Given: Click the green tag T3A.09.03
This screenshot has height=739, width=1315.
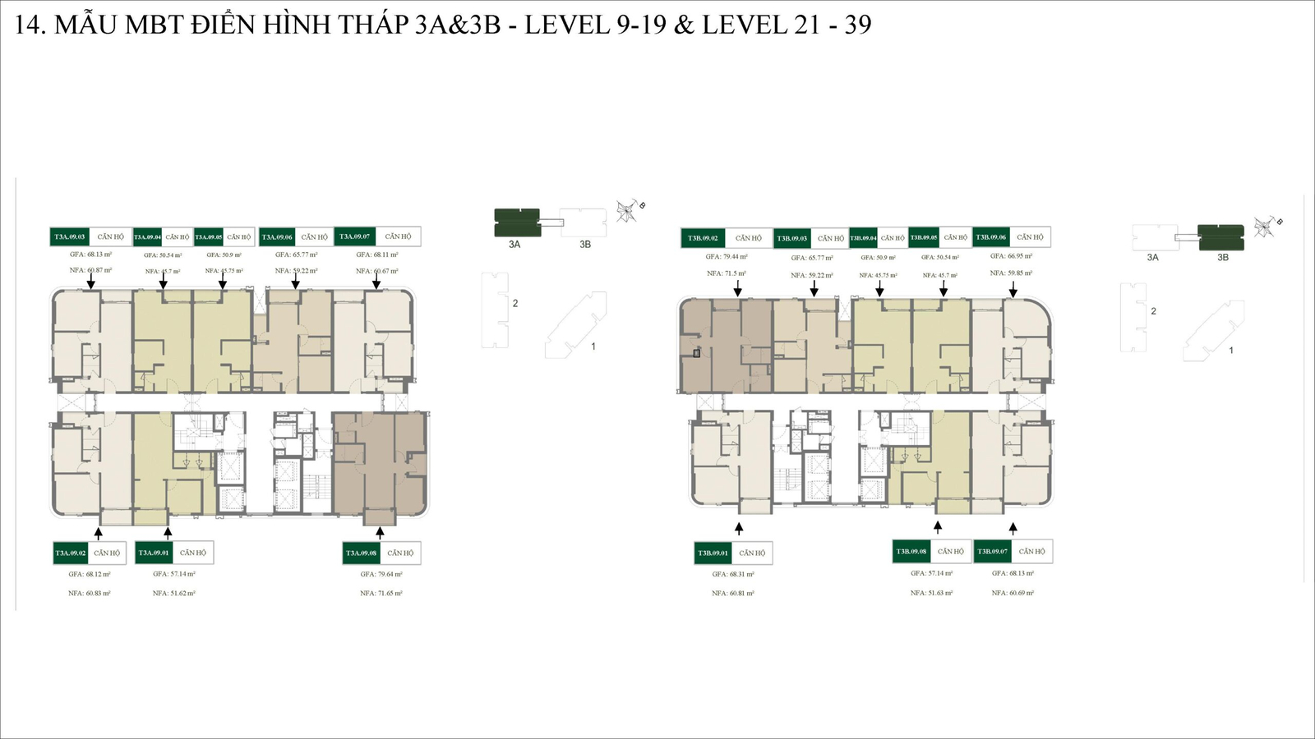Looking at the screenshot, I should tap(70, 236).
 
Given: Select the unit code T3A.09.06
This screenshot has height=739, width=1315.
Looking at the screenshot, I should tap(277, 236).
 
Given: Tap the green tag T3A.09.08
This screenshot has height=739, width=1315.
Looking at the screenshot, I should tap(361, 553).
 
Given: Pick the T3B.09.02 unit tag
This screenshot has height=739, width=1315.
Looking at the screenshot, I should tap(703, 238).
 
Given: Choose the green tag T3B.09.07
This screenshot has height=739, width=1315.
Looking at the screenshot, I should tap(992, 551).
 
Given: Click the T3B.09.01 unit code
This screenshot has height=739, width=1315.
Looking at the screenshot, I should tap(713, 553).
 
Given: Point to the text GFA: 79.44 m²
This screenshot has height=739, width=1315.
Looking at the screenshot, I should tap(727, 256).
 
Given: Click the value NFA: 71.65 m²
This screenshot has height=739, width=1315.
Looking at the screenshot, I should tap(381, 593).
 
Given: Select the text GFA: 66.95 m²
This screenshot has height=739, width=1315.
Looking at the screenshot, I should tap(1011, 256).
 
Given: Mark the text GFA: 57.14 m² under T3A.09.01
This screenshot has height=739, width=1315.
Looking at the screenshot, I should tap(174, 574).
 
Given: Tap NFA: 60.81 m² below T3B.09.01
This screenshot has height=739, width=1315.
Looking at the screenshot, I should tap(733, 593).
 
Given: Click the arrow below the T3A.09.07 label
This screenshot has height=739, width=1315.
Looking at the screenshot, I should tap(377, 282).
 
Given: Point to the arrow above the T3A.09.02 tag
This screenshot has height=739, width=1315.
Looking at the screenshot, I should tap(99, 533).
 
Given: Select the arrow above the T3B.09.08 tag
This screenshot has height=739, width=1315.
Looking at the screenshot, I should tap(938, 527).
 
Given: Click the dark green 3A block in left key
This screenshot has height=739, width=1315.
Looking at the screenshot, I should tap(516, 222).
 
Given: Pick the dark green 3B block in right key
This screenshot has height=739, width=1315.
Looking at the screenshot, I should tap(1220, 236).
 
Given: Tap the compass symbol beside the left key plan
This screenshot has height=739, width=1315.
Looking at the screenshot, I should tap(627, 212).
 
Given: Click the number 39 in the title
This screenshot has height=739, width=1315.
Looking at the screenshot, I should tap(857, 25).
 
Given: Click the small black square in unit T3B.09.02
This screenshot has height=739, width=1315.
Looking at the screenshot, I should tap(696, 353).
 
